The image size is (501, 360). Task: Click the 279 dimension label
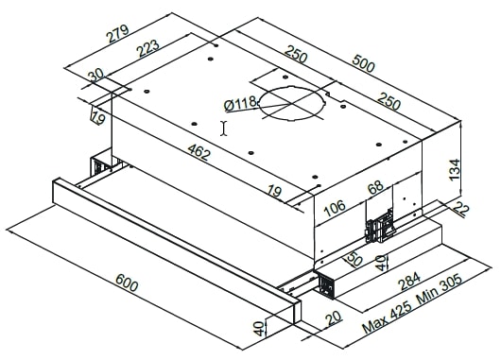(x=117, y=35)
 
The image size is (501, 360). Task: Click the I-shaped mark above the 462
(x=223, y=128)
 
